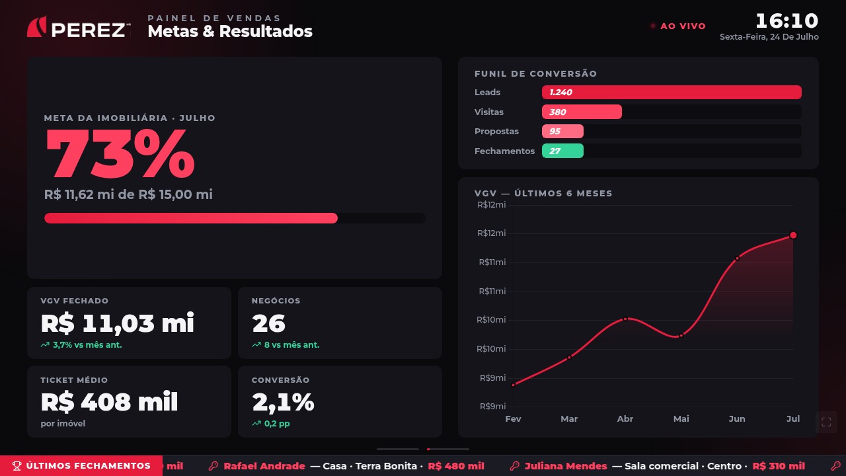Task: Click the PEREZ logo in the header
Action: click(79, 27)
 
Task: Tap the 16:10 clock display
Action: click(787, 20)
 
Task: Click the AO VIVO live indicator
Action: click(678, 26)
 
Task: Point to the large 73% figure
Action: click(120, 153)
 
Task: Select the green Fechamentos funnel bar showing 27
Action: click(562, 151)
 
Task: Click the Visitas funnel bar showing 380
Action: click(582, 112)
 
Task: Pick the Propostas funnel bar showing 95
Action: click(562, 131)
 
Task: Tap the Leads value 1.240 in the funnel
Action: click(560, 92)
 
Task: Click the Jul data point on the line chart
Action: click(792, 235)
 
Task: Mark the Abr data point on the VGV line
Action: click(625, 319)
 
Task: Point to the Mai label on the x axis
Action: click(681, 418)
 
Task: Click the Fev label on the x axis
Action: click(513, 418)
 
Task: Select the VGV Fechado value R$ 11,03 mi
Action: click(118, 323)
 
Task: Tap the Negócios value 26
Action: click(268, 323)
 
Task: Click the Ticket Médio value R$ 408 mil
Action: click(109, 402)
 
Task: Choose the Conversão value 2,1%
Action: click(283, 402)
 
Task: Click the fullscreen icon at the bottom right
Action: click(826, 422)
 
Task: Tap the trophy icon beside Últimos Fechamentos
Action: click(17, 466)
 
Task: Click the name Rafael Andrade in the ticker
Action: click(264, 466)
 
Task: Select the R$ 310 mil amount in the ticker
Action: click(779, 466)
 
